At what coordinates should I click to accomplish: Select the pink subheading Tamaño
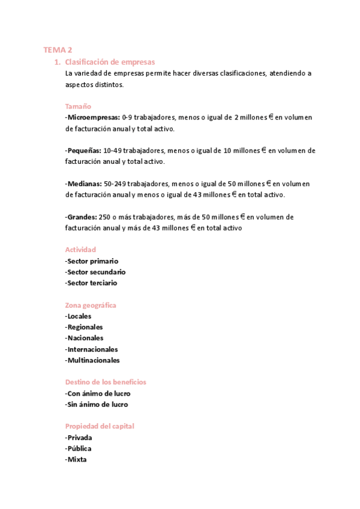point(78,106)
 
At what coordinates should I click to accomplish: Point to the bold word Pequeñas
point(84,150)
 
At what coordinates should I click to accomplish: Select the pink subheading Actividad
point(80,250)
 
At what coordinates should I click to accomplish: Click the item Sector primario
point(92,261)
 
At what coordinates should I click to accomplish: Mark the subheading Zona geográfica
point(91,305)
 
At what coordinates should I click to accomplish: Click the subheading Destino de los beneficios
point(106,382)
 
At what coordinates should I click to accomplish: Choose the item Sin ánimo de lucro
point(97,404)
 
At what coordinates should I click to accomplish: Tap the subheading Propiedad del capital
point(100,426)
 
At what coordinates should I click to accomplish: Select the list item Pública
point(79,448)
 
